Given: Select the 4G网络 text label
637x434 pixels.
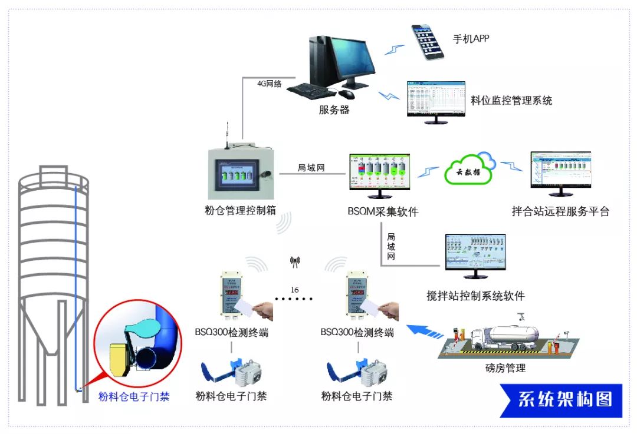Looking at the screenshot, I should coord(270,84).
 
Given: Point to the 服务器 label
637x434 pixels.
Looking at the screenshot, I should coord(334,110).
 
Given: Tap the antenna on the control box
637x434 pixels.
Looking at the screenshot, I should coord(226,132).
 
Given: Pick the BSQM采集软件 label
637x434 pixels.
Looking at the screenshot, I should coord(383,211).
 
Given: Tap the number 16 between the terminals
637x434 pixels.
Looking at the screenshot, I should coord(294,290).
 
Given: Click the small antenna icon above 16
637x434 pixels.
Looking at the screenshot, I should coord(294,263).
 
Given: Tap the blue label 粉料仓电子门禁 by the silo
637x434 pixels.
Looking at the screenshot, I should coord(133,397).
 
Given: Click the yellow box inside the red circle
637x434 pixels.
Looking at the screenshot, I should coord(118,358).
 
